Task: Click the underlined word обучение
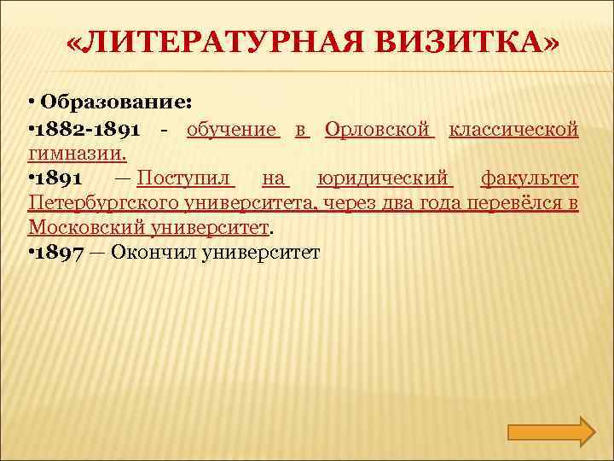click(232, 130)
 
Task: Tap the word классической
click(514, 130)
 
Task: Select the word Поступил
click(185, 179)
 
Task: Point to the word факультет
click(530, 179)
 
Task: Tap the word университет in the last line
click(261, 253)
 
